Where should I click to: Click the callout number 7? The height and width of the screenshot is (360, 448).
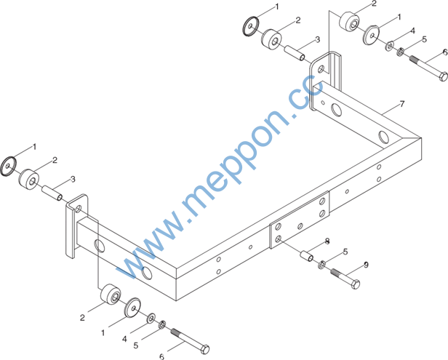(402, 104)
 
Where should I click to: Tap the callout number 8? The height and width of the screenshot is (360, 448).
(327, 241)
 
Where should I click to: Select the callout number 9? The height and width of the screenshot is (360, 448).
(366, 265)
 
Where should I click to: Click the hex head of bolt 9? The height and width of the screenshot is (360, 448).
(355, 284)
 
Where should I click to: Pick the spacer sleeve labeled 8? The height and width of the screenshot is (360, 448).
(306, 255)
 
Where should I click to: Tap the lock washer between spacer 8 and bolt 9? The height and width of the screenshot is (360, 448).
(321, 265)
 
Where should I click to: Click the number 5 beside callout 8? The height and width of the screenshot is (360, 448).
(345, 252)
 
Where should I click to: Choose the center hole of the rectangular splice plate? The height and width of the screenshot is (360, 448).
(300, 226)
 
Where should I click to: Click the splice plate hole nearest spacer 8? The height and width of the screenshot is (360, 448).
(279, 239)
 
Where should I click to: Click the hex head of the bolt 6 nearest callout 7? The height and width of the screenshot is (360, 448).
(443, 76)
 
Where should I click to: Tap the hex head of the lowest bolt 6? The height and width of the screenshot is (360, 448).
(205, 349)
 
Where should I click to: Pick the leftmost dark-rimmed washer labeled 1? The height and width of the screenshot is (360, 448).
(8, 166)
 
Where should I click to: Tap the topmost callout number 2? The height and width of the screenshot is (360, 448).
(374, 4)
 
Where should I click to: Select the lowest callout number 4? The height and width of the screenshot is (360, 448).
(124, 339)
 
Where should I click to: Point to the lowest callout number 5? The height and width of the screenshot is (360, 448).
(136, 345)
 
